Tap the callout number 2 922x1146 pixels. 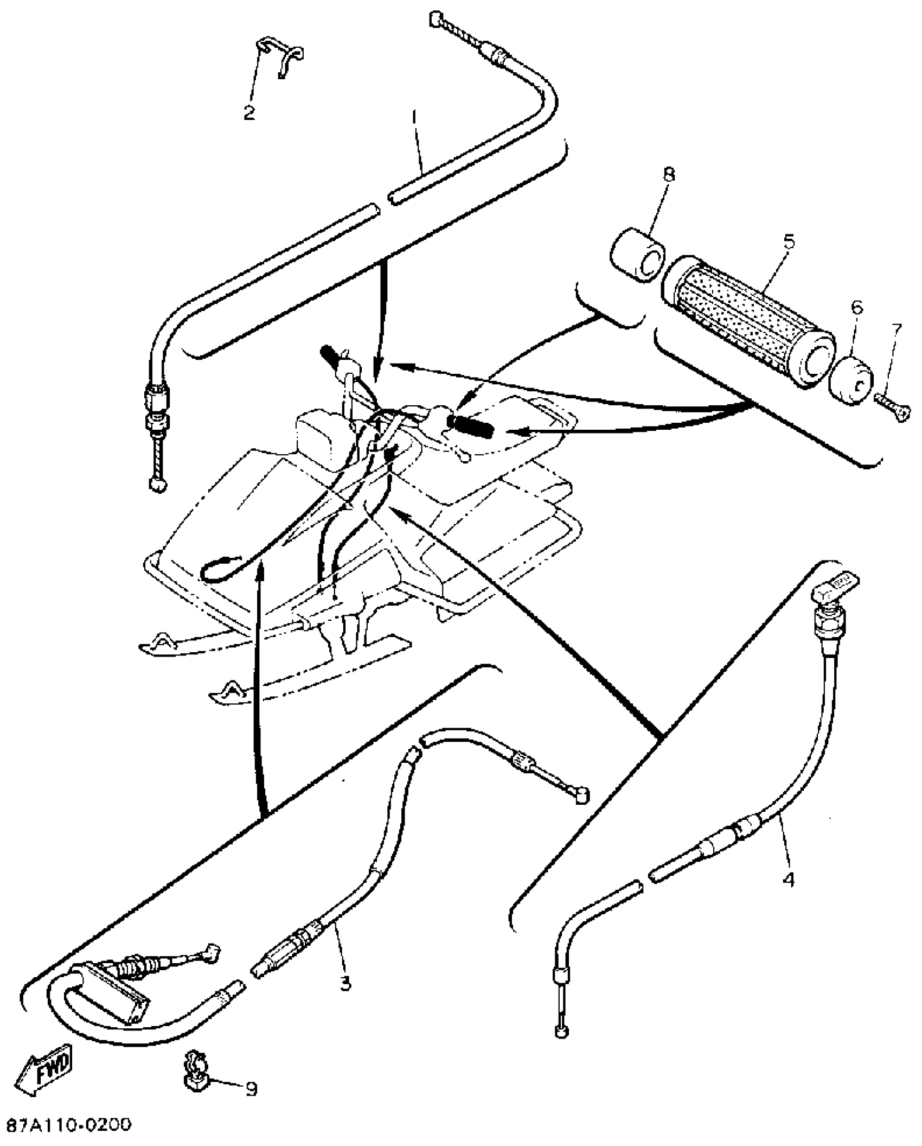click(249, 113)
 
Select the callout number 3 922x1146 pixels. click(345, 982)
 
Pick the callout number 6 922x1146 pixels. click(856, 308)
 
